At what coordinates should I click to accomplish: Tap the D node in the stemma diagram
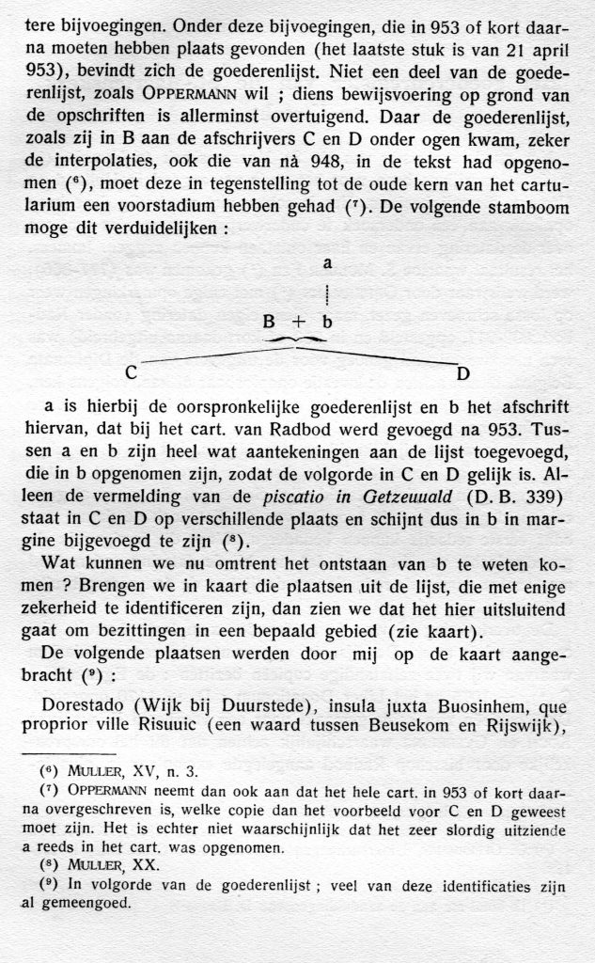tap(463, 373)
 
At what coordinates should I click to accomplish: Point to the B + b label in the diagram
tap(297, 321)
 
